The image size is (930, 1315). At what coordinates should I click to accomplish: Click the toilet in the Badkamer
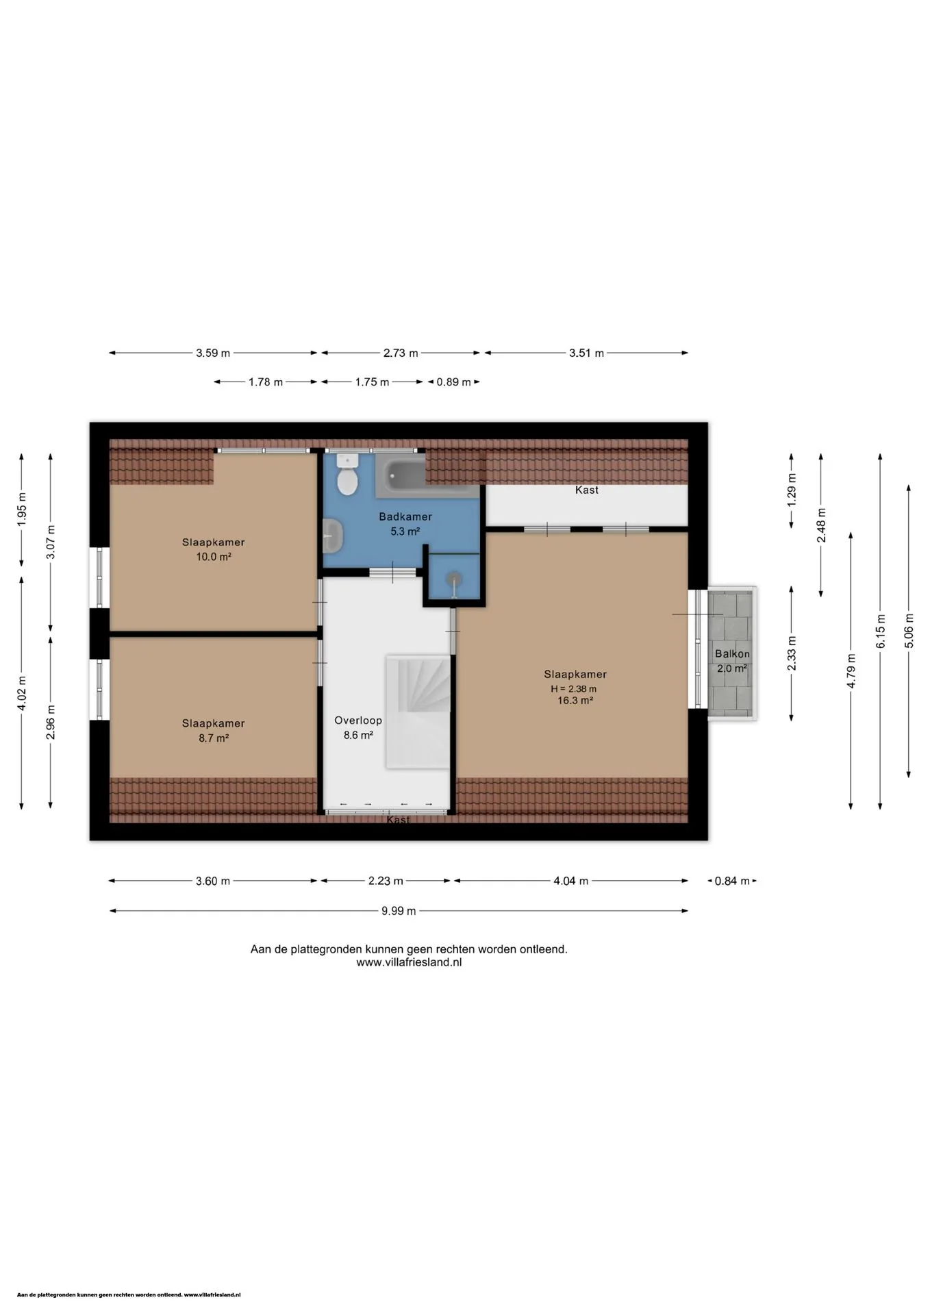[348, 475]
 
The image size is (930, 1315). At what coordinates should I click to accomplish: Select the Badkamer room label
[405, 516]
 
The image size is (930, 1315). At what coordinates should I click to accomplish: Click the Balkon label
[732, 654]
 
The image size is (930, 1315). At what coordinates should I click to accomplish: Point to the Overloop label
[358, 721]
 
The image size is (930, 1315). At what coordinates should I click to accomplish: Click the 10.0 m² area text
[214, 557]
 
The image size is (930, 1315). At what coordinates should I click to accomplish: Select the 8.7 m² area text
[214, 738]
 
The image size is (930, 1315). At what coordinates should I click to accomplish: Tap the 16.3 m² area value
[575, 701]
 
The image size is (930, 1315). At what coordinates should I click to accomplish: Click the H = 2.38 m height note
[574, 689]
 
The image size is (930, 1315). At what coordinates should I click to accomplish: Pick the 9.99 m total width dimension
[399, 911]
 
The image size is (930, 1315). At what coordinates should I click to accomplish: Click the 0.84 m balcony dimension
[732, 881]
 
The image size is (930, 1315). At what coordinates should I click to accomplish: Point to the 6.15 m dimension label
[881, 631]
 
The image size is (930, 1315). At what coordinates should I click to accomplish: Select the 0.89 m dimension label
[453, 382]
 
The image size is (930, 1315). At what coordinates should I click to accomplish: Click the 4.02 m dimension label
[22, 694]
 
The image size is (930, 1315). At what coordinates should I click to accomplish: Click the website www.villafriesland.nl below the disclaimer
[409, 962]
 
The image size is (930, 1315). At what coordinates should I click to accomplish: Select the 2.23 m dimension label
[386, 881]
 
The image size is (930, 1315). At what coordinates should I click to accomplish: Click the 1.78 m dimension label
[266, 382]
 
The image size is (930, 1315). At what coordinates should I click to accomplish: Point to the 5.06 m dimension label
[909, 631]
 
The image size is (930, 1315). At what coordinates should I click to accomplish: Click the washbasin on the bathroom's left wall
[333, 534]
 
